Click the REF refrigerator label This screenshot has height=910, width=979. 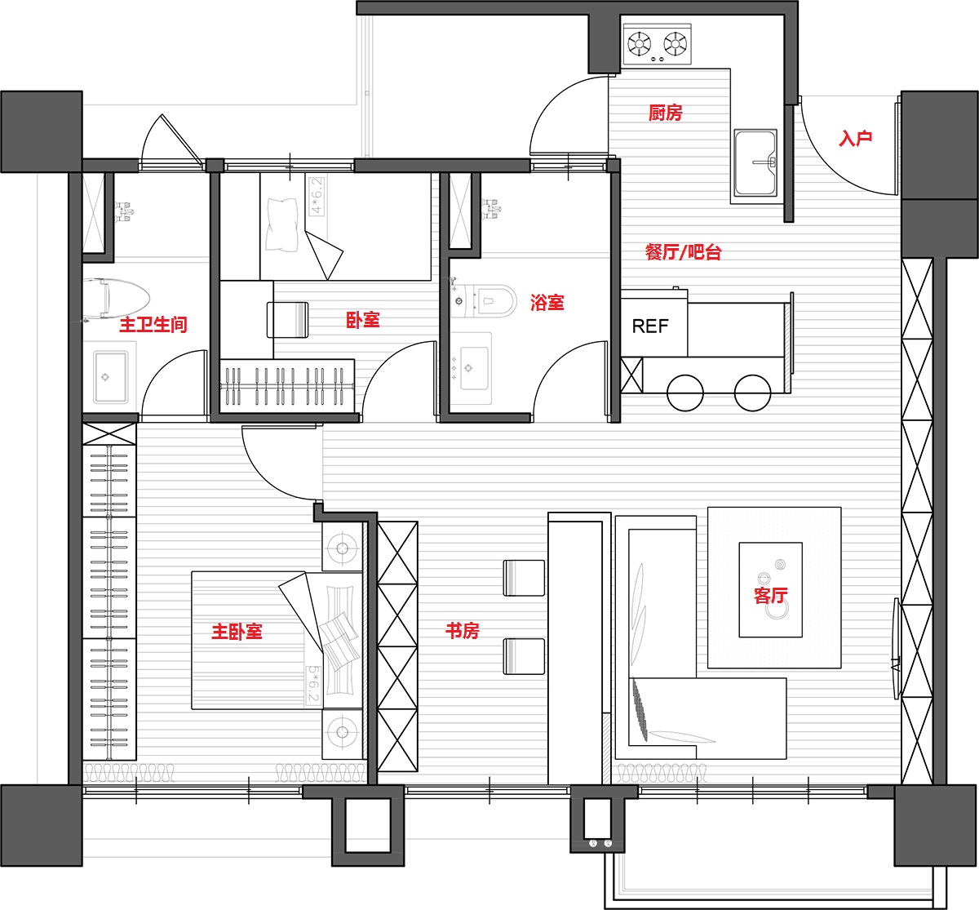[x=649, y=326]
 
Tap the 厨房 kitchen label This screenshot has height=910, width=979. [x=666, y=113]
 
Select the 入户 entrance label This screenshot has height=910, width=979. [x=855, y=138]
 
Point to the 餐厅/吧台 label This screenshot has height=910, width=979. [x=683, y=252]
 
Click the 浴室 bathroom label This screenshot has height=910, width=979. [x=547, y=302]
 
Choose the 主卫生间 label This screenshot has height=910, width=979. [x=153, y=325]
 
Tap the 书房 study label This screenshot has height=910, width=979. [x=462, y=630]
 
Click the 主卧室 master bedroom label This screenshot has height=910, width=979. [x=237, y=632]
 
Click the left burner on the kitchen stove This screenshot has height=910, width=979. [x=639, y=43]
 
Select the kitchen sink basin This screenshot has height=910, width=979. [x=755, y=162]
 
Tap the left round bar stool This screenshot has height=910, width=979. [x=684, y=393]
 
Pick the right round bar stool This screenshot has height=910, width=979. [x=752, y=393]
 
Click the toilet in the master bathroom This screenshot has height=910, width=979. [x=116, y=299]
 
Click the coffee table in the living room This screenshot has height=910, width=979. [x=770, y=589]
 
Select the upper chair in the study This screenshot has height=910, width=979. [x=524, y=578]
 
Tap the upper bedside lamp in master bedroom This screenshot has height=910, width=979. [x=342, y=548]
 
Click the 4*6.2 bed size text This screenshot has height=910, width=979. [x=316, y=196]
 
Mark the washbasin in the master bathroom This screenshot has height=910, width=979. [x=111, y=377]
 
